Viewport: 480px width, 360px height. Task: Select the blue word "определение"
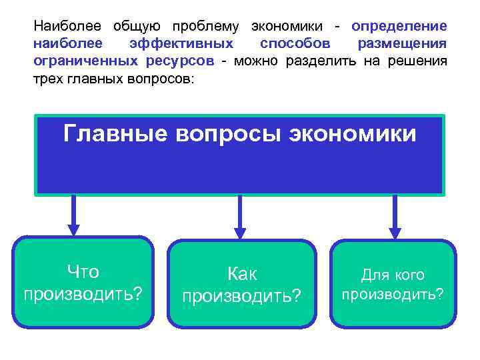399,27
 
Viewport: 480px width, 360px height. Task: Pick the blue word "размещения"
402,44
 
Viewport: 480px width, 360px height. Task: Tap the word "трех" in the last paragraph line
48,79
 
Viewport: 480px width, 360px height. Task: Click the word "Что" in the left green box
83,272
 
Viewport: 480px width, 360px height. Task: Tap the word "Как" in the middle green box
242,273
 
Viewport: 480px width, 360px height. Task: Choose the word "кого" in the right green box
407,275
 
